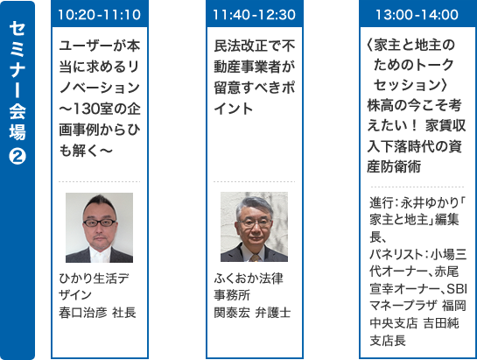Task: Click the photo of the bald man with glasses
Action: [100, 228]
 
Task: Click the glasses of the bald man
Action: [100, 218]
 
